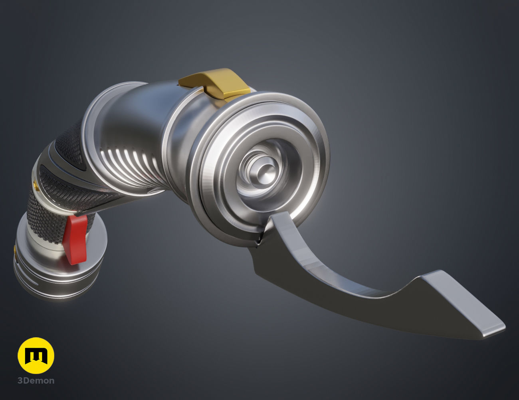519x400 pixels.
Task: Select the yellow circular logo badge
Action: click(36, 356)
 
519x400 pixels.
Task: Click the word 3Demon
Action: click(36, 380)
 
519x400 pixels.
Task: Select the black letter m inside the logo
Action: click(36, 356)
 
